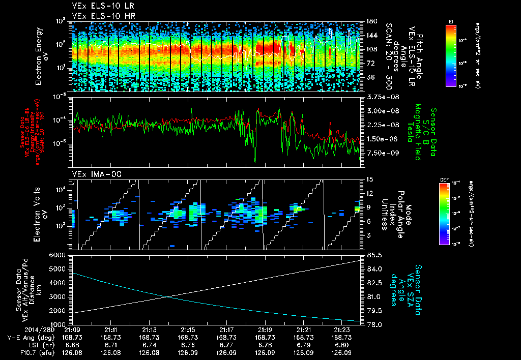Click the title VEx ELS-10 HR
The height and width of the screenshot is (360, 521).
[100, 16]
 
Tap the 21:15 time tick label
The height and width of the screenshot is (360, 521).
[188, 329]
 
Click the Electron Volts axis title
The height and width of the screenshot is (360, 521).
[42, 214]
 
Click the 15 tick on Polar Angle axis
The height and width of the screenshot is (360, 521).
[369, 179]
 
